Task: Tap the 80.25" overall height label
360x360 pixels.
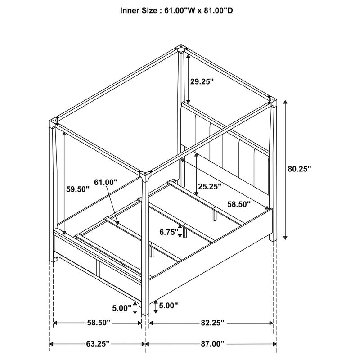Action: tap(299, 169)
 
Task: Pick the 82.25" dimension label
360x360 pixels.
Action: tap(211, 323)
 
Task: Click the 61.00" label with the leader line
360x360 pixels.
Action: tap(106, 182)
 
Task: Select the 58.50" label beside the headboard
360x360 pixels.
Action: tap(239, 203)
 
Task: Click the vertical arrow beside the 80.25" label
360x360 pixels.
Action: tap(284, 169)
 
